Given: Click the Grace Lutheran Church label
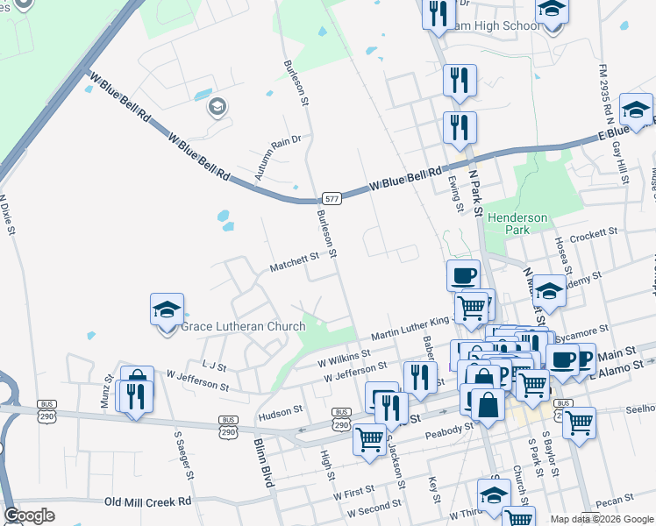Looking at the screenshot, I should click(243, 327).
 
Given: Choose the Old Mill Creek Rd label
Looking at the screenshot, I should click(147, 501).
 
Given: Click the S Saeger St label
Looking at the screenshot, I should click(182, 454).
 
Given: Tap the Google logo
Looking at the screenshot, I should click(30, 515).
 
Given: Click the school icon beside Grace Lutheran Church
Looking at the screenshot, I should click(167, 310).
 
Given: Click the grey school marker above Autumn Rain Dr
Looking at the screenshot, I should click(217, 108).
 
